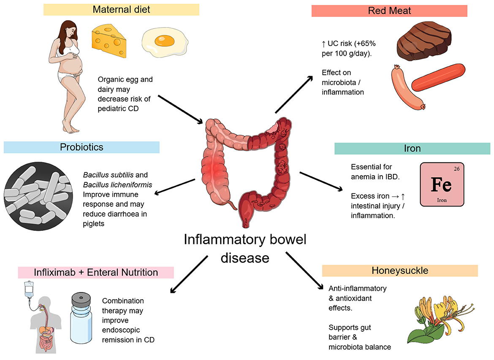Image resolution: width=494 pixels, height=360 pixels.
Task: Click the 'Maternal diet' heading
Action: click(x=121, y=9)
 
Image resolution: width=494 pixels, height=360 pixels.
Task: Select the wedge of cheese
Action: click(x=109, y=40)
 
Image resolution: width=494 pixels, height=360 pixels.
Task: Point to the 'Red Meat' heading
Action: click(x=389, y=11)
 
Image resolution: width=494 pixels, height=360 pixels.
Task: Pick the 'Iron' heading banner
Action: click(x=412, y=149)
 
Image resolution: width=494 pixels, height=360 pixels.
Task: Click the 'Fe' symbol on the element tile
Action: click(x=441, y=184)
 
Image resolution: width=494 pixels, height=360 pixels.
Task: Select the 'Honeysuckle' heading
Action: click(x=399, y=271)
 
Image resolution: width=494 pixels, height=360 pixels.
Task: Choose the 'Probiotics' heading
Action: click(x=81, y=147)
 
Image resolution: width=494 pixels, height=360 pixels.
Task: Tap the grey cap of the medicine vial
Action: click(x=84, y=297)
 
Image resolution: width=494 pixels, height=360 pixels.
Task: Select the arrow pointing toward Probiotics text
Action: click(x=175, y=187)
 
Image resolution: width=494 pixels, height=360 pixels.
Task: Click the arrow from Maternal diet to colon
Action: click(x=181, y=109)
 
